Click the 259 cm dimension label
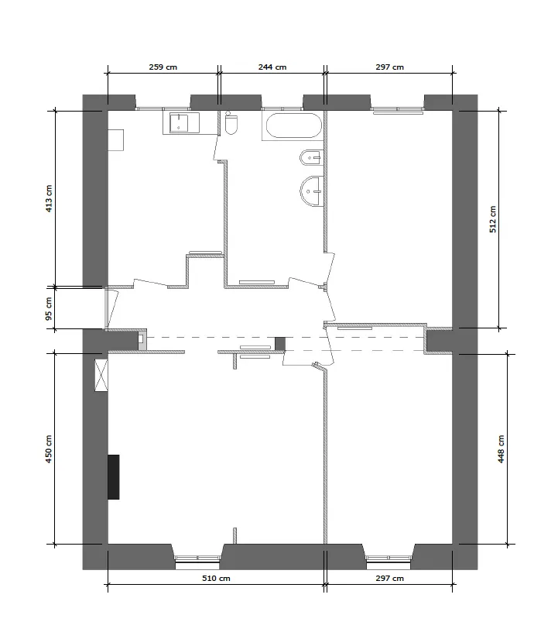pos(163,67)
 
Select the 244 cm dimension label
pos(272,67)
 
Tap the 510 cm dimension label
pos(216,579)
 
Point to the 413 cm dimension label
pos(49,199)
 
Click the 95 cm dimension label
pos(49,308)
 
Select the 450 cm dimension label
pos(49,448)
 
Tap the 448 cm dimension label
pos(501,448)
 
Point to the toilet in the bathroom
pos(231,124)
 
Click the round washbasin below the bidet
pos(313,191)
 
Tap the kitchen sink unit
pos(181,122)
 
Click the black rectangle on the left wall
pos(114,476)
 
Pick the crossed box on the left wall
pos(101,376)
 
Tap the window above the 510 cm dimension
pos(197,557)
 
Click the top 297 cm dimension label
pos(389,67)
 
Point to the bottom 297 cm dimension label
pos(389,579)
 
